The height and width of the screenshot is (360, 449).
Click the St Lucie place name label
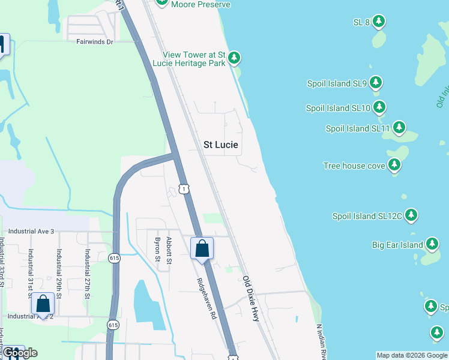click(221, 145)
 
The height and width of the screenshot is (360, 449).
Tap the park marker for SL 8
click(378, 22)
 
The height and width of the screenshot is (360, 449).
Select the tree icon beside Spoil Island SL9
click(376, 83)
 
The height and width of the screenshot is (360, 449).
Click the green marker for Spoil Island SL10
click(379, 107)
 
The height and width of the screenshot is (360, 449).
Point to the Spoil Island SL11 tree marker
click(399, 128)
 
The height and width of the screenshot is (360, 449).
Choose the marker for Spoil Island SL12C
click(411, 215)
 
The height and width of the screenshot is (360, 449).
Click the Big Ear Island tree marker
click(432, 244)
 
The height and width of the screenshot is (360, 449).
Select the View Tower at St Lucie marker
click(234, 58)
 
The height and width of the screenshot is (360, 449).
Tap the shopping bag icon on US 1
click(202, 248)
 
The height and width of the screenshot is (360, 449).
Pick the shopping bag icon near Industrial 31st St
click(43, 304)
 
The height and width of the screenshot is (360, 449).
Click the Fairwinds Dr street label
click(95, 41)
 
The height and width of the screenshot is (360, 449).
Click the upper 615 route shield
click(114, 258)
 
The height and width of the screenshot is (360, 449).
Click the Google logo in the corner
click(21, 352)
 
